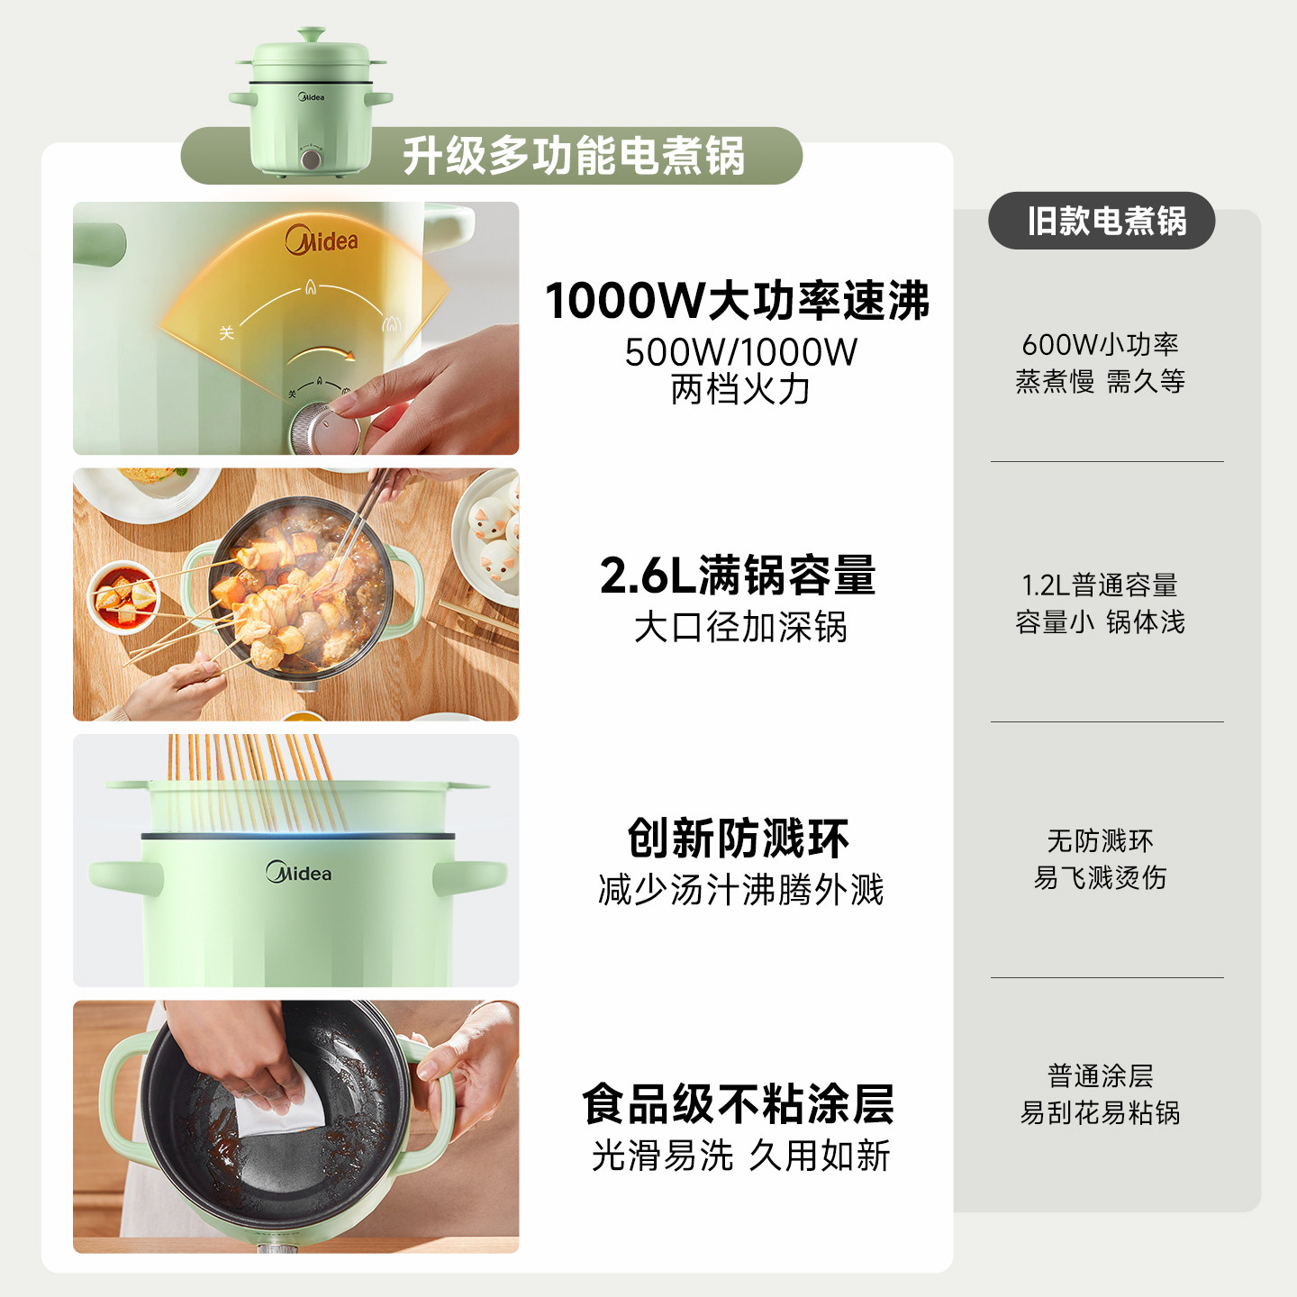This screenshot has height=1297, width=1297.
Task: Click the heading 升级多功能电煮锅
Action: click(574, 156)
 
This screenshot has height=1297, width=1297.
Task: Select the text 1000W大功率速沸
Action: click(737, 301)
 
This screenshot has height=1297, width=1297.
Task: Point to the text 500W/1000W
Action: click(740, 352)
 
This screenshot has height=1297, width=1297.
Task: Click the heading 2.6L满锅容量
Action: click(738, 576)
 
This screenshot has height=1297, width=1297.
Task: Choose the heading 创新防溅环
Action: click(738, 839)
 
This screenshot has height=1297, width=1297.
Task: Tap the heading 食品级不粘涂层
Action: click(738, 1104)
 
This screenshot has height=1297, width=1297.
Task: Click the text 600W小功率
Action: click(1100, 344)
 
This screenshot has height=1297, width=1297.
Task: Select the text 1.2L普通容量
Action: click(1100, 585)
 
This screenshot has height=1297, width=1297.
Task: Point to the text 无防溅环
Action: click(1100, 841)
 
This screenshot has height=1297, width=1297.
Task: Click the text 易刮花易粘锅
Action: click(1100, 1113)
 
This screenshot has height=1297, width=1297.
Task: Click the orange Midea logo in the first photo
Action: click(322, 240)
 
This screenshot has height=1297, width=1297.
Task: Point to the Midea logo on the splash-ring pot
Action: click(299, 873)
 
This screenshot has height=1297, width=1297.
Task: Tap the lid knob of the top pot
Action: click(311, 36)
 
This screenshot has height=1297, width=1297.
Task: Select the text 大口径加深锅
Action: click(740, 627)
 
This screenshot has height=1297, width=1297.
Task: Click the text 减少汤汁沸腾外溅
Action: click(740, 890)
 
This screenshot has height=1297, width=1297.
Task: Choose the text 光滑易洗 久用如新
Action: click(740, 1156)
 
